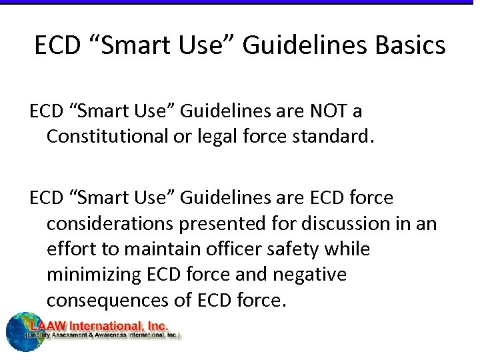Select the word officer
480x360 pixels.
[x=228, y=249]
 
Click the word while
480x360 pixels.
[x=351, y=249]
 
